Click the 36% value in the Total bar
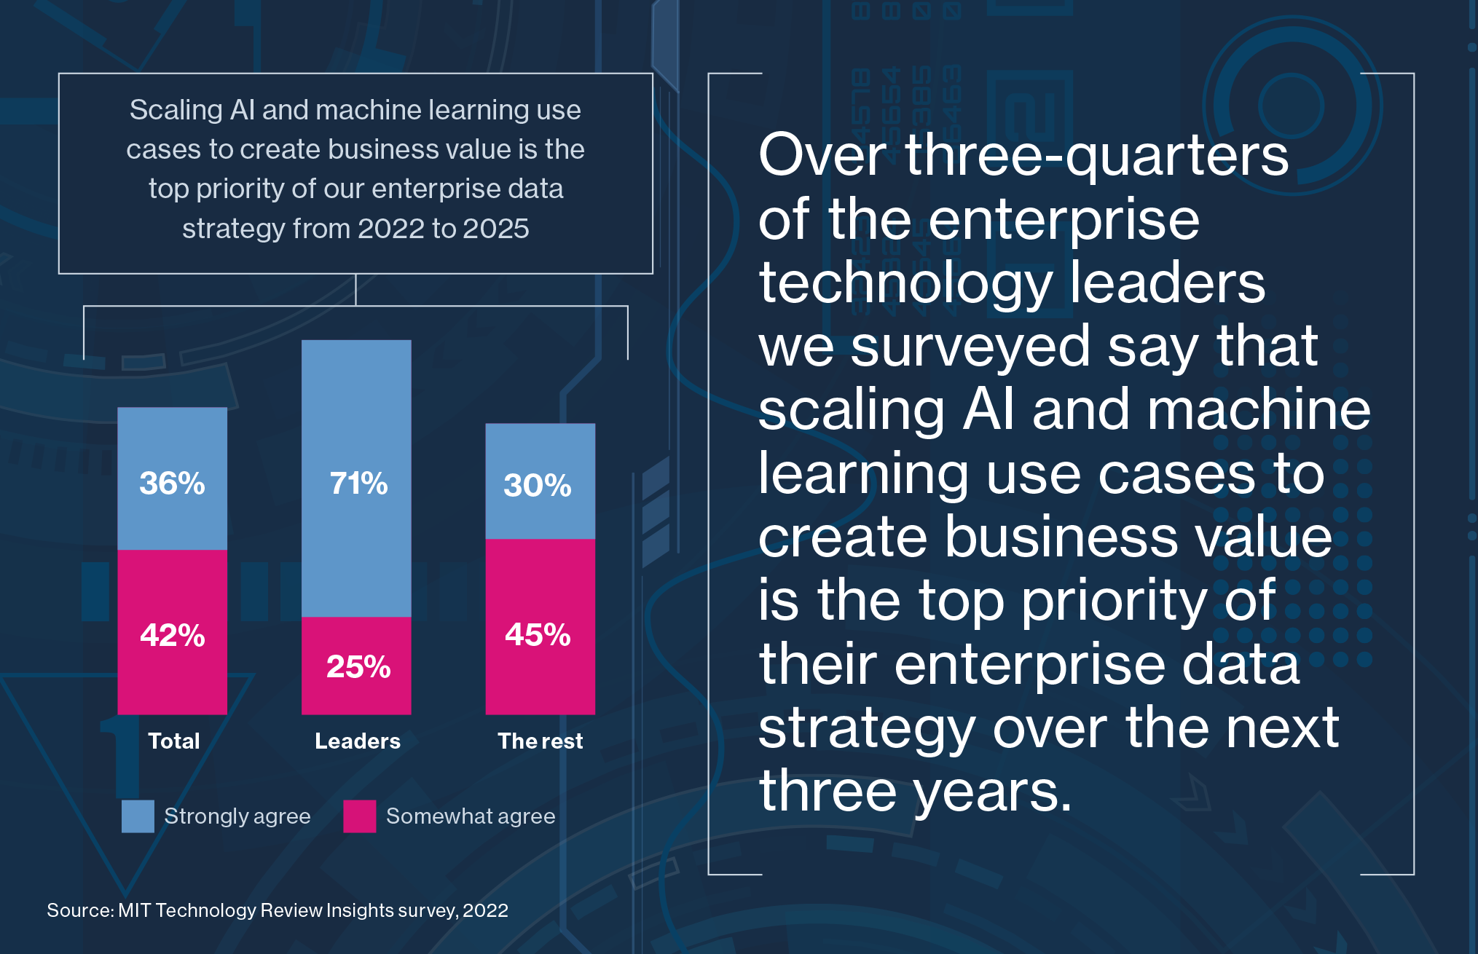click(172, 484)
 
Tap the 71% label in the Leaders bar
click(358, 484)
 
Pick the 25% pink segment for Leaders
click(358, 666)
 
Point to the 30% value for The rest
click(538, 486)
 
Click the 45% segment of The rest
click(538, 634)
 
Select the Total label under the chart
click(173, 741)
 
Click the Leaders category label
click(358, 741)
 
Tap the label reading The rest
click(540, 741)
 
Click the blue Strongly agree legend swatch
click(138, 816)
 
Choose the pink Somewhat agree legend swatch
click(360, 816)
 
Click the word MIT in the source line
click(135, 910)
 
